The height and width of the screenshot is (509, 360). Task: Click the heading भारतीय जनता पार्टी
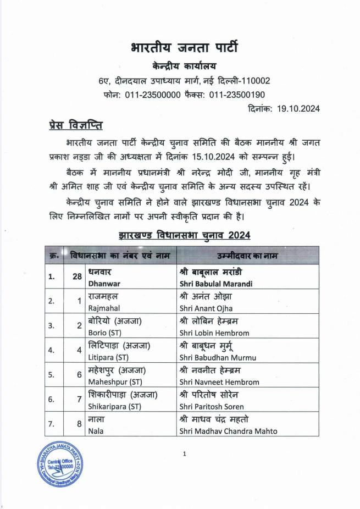click(x=184, y=47)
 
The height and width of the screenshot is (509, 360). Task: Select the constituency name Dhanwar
click(x=105, y=283)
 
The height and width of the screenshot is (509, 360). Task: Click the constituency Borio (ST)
click(x=108, y=333)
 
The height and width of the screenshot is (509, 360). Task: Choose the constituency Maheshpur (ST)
click(x=115, y=382)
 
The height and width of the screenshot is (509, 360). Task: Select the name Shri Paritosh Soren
click(x=209, y=407)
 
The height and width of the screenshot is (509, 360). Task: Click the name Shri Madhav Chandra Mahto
click(x=228, y=431)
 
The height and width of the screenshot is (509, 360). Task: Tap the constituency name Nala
click(x=96, y=431)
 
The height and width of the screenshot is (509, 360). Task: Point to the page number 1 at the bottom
click(x=185, y=454)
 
